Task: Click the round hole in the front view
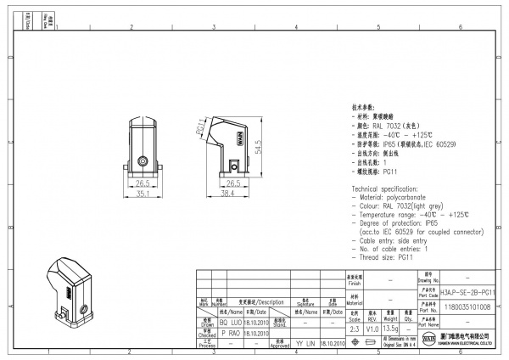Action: click(x=143, y=159)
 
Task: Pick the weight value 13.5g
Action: click(x=392, y=329)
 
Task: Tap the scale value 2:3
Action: click(x=355, y=329)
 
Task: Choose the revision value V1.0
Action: click(x=373, y=329)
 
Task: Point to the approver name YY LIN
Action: click(x=305, y=344)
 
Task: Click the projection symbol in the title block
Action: click(x=373, y=342)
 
